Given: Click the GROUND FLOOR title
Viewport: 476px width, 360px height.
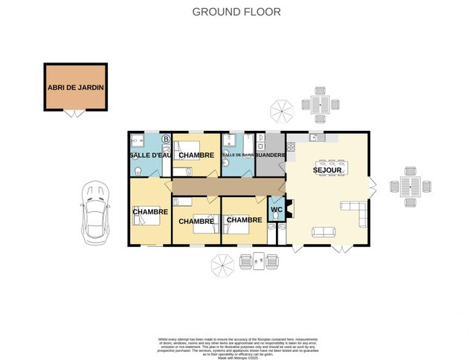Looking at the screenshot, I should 237,11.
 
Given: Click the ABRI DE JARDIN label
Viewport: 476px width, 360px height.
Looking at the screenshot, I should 75,87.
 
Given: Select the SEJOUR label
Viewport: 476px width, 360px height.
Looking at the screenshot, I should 327,170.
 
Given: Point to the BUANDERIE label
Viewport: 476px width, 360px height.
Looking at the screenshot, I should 270,155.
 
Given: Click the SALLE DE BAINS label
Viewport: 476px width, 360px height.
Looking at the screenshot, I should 237,155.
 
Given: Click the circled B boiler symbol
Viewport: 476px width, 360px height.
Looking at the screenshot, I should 166,139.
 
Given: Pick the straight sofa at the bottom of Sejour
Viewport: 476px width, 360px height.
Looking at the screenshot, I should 323,233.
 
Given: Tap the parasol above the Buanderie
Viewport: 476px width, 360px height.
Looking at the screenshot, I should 280,112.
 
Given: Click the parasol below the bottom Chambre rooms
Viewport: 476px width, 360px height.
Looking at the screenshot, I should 222,264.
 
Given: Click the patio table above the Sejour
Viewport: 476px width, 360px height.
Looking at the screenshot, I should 321,104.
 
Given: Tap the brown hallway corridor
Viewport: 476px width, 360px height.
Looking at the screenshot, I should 223,185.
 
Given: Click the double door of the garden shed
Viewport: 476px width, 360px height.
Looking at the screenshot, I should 74,114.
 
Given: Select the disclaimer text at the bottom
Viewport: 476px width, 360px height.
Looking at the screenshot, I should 237,347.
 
